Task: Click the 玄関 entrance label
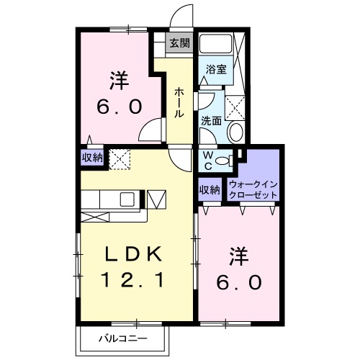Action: coord(179,43)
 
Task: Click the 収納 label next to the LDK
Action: coord(91,157)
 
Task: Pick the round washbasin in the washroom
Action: coord(235,131)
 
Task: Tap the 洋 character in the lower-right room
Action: coord(240,257)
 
